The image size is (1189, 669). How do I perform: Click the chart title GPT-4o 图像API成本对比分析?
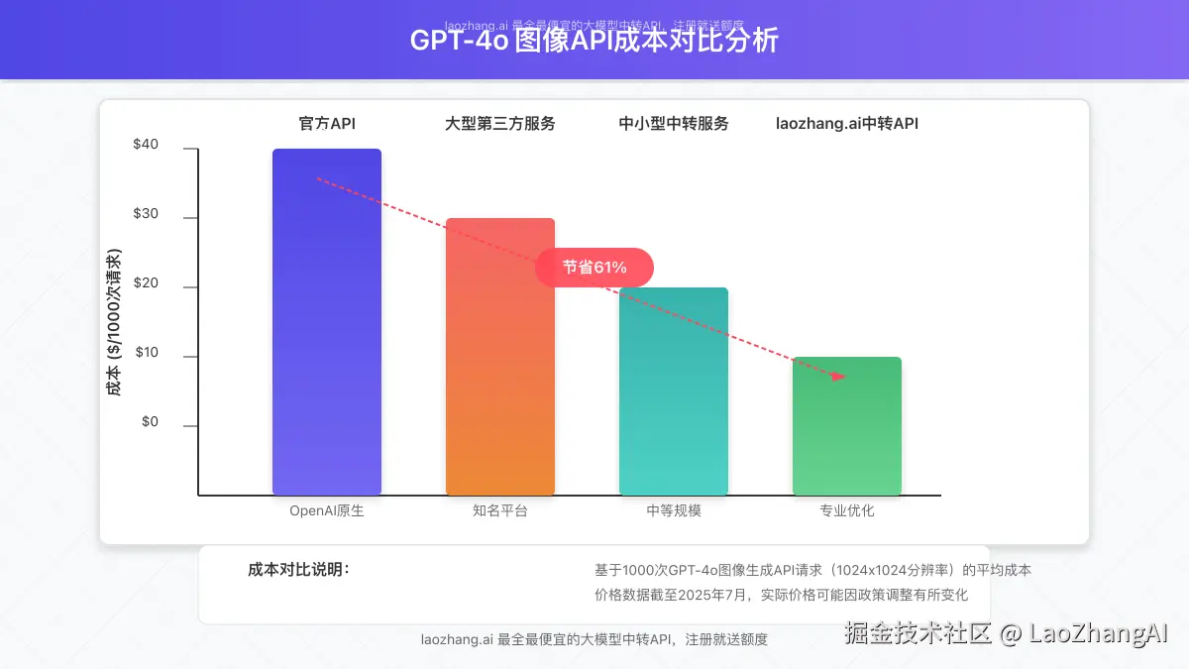pos(594,41)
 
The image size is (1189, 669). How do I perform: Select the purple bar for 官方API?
pos(327,322)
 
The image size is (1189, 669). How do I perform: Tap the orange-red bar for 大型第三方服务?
pos(500,357)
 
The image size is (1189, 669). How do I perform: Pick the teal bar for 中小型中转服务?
pos(674,391)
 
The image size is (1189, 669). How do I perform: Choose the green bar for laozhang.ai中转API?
pos(847,426)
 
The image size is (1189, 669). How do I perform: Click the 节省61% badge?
pos(594,268)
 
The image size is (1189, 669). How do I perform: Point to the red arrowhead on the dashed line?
pos(839,376)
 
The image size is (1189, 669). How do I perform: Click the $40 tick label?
pos(146,145)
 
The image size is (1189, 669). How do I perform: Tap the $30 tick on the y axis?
pos(146,214)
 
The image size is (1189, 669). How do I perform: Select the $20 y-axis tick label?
pos(146,283)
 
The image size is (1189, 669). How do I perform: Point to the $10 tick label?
pos(146,353)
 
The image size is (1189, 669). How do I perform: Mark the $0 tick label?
pos(150,422)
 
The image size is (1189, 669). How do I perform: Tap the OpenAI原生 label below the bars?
pos(327,511)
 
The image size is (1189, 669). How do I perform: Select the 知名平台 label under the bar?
pos(500,511)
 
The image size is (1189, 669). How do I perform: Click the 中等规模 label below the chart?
pos(674,511)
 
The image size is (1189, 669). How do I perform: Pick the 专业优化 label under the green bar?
pos(847,511)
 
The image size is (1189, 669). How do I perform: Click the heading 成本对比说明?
pos(298,570)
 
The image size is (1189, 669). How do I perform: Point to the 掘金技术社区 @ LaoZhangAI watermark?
pos(1007,633)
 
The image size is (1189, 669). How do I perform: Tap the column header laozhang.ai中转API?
pos(847,124)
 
